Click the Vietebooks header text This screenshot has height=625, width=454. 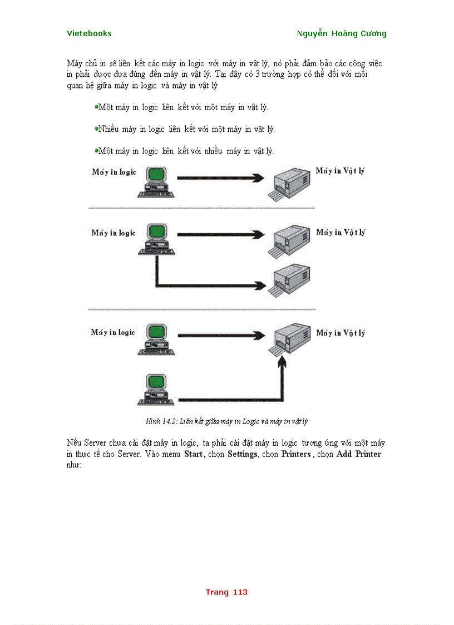tap(89, 33)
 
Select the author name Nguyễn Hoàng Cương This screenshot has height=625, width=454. tap(342, 33)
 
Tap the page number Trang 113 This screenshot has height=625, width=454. tap(226, 592)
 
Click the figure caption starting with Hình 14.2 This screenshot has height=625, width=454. tap(226, 421)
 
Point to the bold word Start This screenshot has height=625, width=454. tap(194, 454)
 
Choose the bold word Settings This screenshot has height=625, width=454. tap(242, 454)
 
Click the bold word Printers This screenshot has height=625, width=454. tap(295, 454)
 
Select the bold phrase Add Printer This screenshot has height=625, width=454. tap(359, 454)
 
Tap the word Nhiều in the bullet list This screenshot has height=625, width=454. tap(108, 129)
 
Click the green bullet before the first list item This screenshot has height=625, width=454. tap(96, 106)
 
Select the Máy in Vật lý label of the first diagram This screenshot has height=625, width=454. tap(340, 171)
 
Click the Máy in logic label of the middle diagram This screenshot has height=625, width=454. tap(113, 233)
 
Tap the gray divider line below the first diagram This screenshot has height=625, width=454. tap(201, 208)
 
